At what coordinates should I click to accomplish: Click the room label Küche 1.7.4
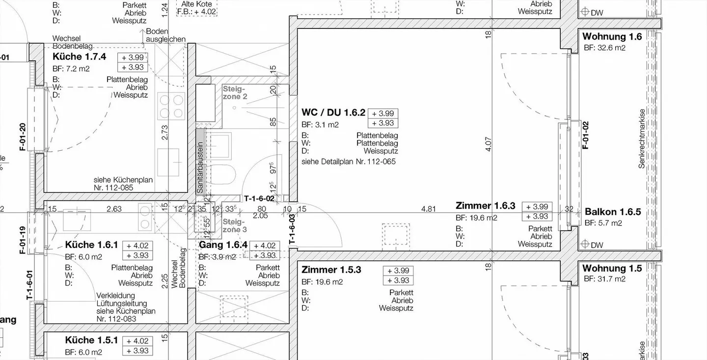point(79,57)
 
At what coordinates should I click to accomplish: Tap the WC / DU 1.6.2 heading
point(333,113)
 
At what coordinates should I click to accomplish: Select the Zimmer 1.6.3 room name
point(485,206)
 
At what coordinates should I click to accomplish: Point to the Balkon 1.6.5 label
point(613,212)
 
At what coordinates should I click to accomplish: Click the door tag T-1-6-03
point(292,229)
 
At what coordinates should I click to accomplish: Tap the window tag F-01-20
point(23,137)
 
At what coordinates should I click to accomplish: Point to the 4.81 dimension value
point(428,209)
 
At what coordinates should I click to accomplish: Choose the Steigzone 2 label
point(235,93)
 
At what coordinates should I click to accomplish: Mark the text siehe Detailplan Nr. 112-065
point(348,162)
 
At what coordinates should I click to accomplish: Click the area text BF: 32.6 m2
point(604,48)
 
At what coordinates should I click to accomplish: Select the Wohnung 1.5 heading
point(612,269)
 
